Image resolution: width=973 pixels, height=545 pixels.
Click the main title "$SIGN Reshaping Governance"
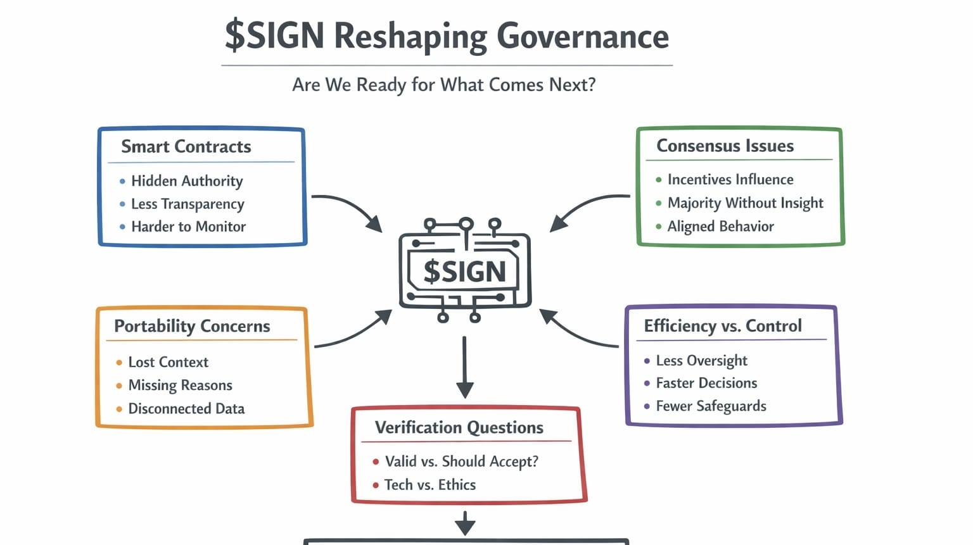[x=447, y=36]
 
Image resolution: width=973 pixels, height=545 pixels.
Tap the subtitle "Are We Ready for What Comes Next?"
[x=443, y=85]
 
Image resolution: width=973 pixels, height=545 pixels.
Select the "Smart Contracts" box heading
[x=186, y=147]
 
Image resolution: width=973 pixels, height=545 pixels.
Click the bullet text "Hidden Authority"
[x=187, y=181]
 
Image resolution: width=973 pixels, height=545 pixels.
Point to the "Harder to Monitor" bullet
[x=188, y=227]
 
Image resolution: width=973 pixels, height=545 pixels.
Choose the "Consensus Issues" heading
[x=725, y=146]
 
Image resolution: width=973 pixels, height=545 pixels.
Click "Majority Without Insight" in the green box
[x=745, y=203]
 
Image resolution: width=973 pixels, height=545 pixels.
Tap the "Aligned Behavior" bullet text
[x=720, y=227]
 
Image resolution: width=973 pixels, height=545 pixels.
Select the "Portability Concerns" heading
[x=192, y=327]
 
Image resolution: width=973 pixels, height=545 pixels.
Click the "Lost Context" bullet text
[x=168, y=362]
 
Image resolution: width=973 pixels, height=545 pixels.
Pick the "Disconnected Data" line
[x=186, y=409]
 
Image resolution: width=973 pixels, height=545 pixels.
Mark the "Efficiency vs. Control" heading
[x=723, y=326]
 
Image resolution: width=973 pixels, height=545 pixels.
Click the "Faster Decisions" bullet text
[x=706, y=383]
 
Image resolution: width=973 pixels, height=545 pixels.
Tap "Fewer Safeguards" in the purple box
[x=711, y=406]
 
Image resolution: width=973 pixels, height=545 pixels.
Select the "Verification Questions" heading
[x=459, y=428]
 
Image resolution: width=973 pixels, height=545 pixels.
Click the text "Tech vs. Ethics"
[x=429, y=485]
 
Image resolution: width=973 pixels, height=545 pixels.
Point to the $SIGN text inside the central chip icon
[x=464, y=272]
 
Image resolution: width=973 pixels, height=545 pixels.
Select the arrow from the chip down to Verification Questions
[x=465, y=367]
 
